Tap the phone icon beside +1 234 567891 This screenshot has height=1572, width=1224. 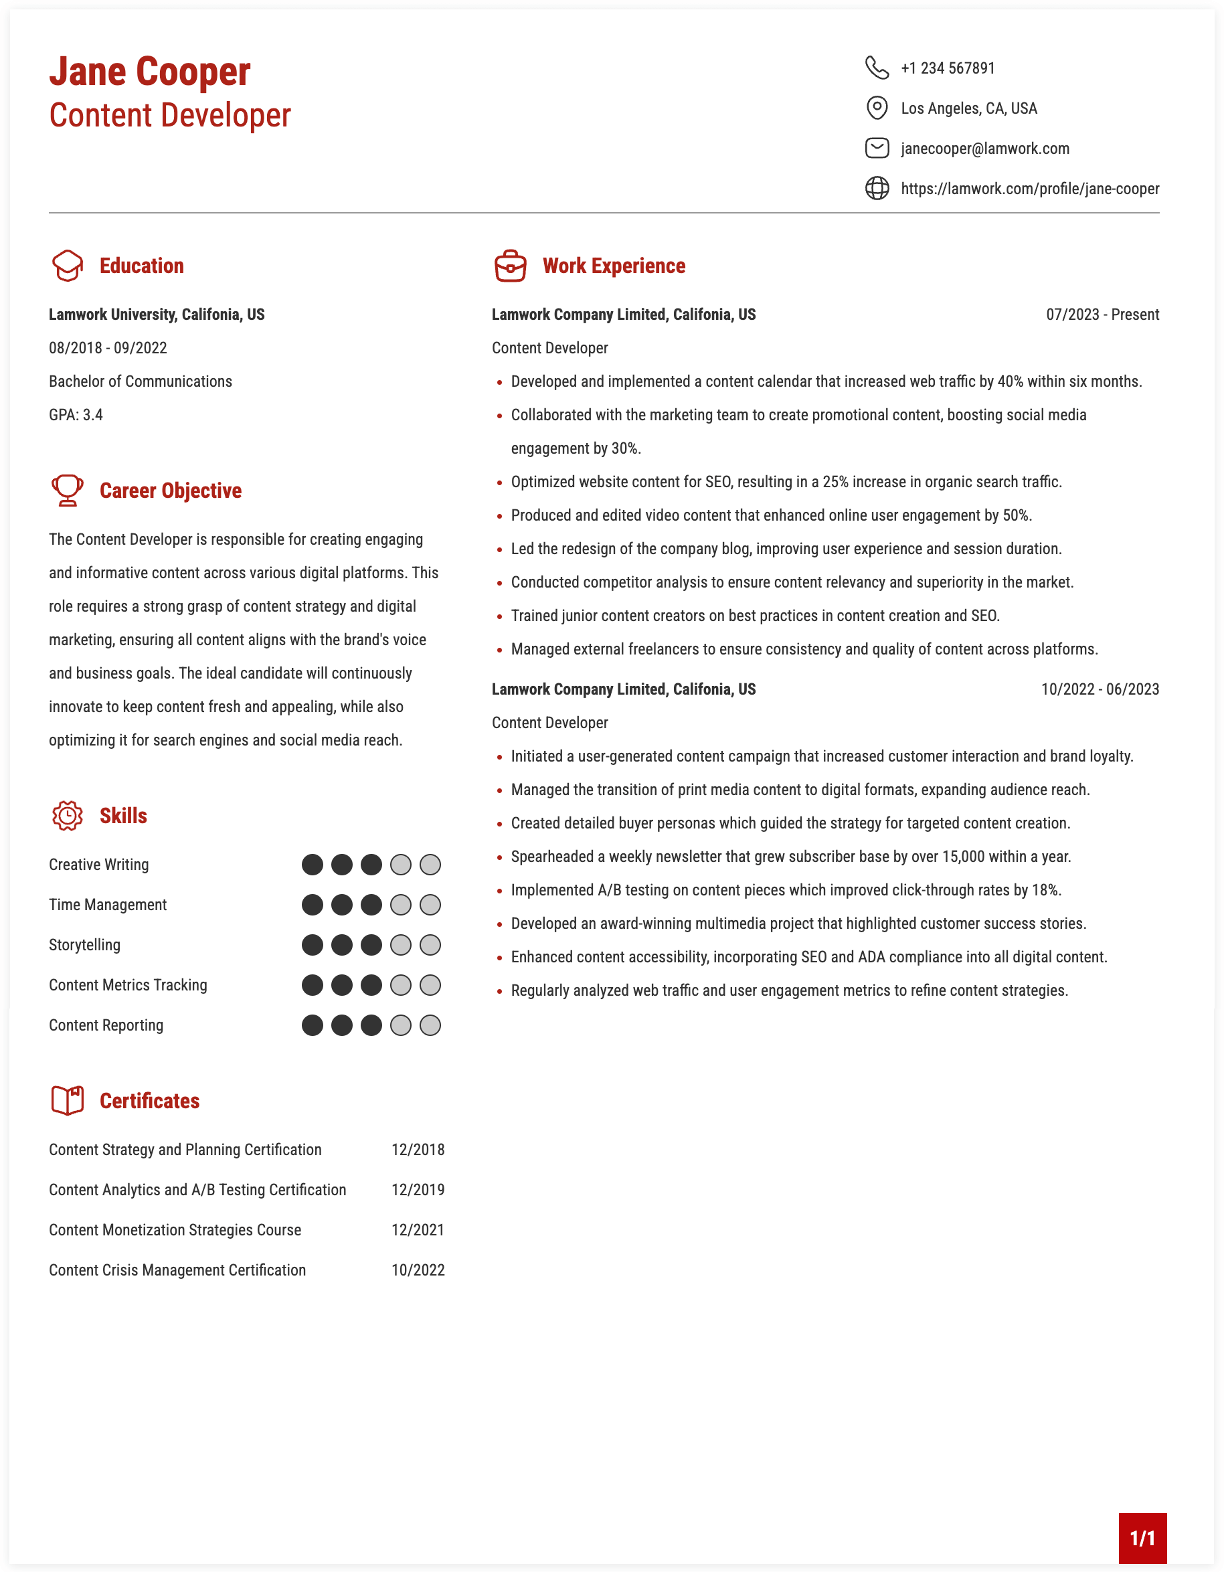tap(877, 68)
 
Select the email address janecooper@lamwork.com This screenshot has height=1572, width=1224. tap(984, 149)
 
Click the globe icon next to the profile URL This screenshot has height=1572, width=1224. tap(877, 189)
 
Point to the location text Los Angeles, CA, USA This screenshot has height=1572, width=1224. tap(968, 108)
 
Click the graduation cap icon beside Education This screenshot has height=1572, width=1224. tap(68, 266)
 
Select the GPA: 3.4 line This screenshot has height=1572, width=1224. tap(76, 415)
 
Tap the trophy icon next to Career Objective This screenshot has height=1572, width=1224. tap(68, 490)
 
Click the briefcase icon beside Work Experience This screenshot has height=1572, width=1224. tap(510, 266)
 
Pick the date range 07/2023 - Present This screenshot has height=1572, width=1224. tap(1102, 315)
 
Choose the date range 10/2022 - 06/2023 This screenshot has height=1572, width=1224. tap(1100, 689)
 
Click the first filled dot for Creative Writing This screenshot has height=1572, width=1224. tap(313, 865)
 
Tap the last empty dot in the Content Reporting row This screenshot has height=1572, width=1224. tap(430, 1025)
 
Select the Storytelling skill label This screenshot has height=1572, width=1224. tap(85, 944)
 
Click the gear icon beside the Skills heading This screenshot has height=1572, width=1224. tap(68, 816)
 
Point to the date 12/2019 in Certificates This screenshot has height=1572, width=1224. tap(418, 1190)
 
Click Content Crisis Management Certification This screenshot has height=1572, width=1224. tap(177, 1270)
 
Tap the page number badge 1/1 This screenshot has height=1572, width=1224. tap(1142, 1538)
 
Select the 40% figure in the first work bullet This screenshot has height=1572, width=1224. tap(1010, 381)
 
